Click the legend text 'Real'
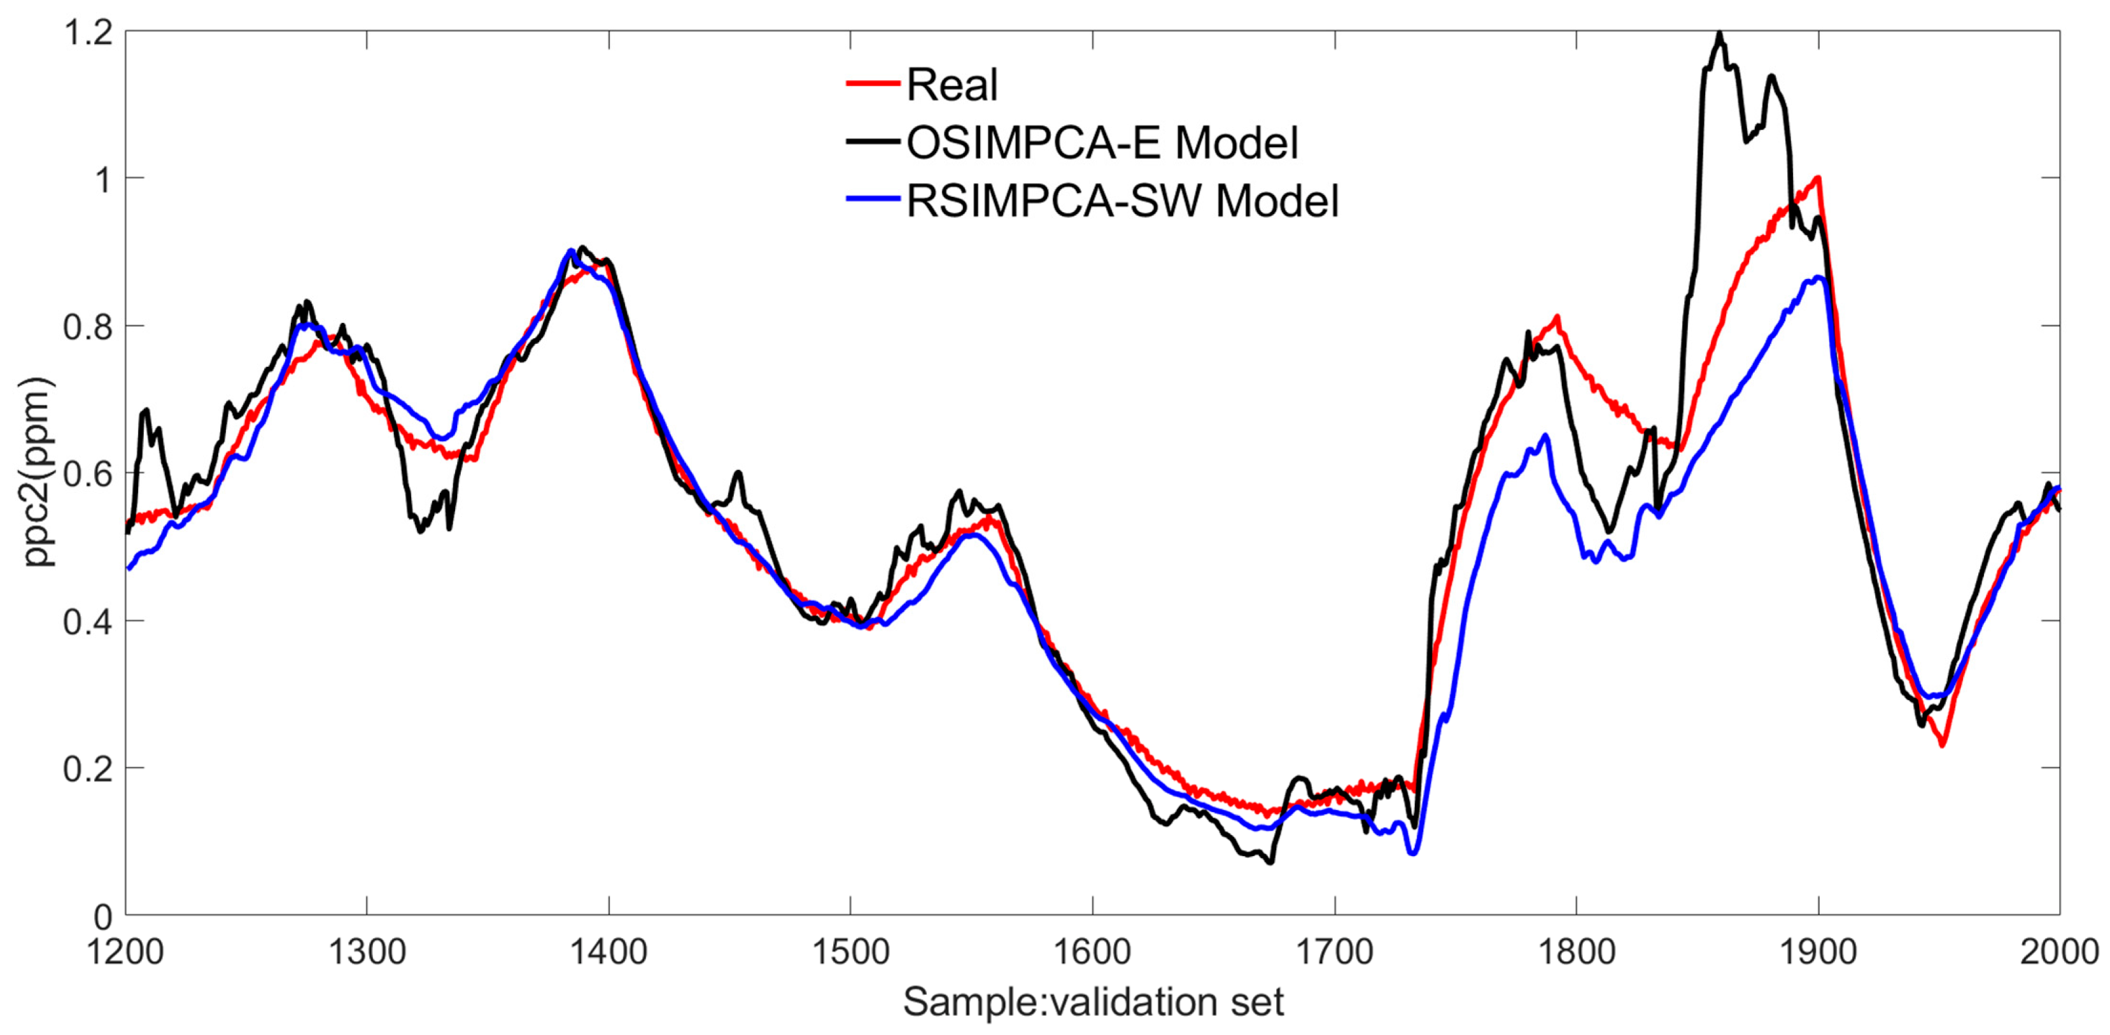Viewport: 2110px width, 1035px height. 952,85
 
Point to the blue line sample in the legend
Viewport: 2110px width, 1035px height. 873,199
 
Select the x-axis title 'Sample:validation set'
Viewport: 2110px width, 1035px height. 1093,1001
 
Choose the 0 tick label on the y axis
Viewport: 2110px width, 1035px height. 102,916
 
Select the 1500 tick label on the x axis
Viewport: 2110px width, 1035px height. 850,952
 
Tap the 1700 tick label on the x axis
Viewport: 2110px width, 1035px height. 1335,952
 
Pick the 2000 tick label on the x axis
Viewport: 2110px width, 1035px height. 2058,952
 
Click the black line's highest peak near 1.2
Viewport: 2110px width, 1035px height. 1719,34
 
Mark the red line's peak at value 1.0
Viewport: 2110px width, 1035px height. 1818,178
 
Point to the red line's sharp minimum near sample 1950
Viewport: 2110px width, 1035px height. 1941,744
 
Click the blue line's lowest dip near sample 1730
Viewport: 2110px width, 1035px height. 1413,853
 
